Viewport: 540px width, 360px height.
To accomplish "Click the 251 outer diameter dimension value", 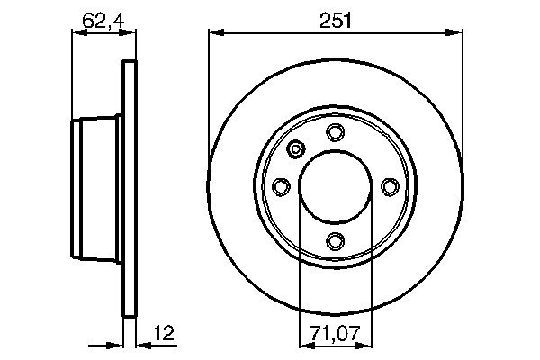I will click(x=335, y=17).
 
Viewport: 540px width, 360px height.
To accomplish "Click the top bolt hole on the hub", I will click(x=335, y=133).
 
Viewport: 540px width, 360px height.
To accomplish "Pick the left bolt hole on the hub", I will click(x=281, y=186).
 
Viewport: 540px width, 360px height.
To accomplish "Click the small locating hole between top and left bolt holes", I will click(x=297, y=150).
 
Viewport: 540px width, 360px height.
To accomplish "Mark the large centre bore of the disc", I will click(x=335, y=186).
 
